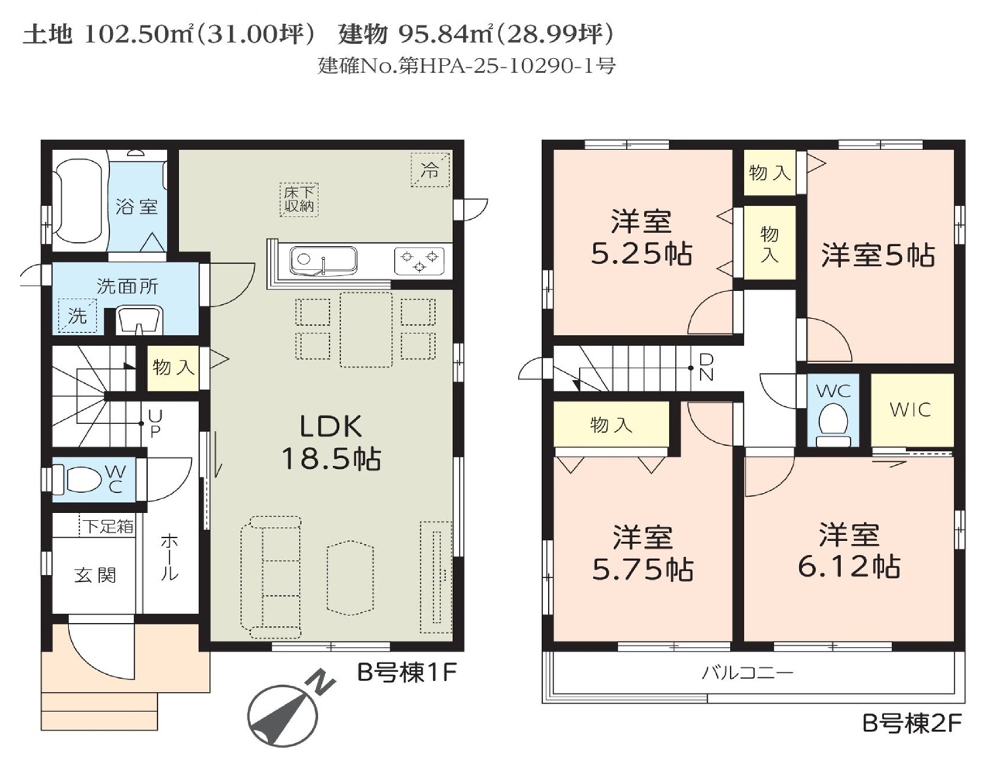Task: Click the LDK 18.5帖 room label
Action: [331, 442]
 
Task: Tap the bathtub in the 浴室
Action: [79, 201]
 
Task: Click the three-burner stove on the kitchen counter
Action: [419, 261]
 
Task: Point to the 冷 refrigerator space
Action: [430, 170]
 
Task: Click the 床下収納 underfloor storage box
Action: [299, 199]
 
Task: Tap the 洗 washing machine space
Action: [78, 315]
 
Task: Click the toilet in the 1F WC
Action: [77, 479]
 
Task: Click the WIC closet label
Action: [910, 409]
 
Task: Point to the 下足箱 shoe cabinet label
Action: [108, 527]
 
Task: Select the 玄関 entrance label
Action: [95, 575]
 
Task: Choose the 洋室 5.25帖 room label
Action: [641, 237]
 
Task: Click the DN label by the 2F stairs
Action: [706, 366]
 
